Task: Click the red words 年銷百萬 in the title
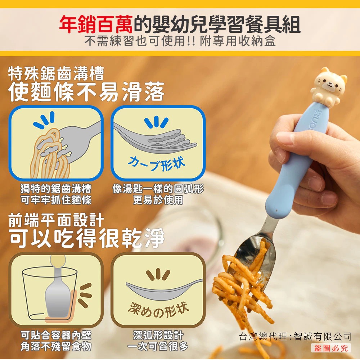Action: (96, 24)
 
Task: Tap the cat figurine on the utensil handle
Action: (329, 87)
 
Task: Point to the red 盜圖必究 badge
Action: (331, 348)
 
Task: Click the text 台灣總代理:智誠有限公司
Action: (295, 336)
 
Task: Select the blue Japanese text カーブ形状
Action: (157, 163)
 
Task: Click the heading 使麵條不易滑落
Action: (86, 91)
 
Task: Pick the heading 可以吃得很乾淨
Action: (87, 238)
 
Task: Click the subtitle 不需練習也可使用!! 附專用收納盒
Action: (180, 41)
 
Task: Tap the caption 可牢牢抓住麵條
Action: (56, 200)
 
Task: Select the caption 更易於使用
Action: (158, 200)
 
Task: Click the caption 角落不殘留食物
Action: (56, 346)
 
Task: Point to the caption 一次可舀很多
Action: (158, 346)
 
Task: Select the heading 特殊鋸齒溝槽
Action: (56, 73)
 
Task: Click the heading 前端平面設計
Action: (56, 220)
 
